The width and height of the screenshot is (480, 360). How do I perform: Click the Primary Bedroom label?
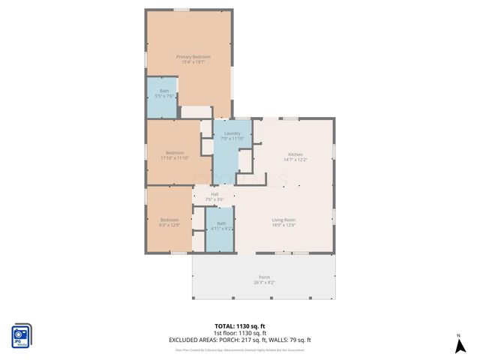193,57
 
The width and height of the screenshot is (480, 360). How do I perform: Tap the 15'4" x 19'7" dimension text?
193,63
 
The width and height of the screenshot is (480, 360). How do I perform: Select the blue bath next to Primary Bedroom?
161,97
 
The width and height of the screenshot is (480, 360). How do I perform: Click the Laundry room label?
231,133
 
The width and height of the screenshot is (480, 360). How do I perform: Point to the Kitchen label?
295,154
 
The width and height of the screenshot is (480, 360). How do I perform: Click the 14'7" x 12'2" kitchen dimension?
295,160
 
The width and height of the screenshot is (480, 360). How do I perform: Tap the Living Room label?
283,219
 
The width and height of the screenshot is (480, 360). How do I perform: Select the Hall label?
214,193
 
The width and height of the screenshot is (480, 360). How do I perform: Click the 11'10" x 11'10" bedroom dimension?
174,158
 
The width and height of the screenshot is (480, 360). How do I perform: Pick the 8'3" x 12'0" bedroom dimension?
169,225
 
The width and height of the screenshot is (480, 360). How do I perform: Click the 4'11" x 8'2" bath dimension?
221,229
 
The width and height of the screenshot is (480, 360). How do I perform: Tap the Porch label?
264,277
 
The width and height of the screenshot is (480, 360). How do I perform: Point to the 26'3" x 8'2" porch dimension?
264,283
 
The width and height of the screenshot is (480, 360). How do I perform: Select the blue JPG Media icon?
22,335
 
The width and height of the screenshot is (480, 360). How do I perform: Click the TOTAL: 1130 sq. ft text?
240,326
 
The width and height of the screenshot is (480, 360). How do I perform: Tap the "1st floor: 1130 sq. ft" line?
240,333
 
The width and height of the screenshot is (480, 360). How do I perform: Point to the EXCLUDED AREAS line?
240,340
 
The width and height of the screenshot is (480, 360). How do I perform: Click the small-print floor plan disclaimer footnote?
240,349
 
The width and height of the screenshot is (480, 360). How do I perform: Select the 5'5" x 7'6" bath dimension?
164,96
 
